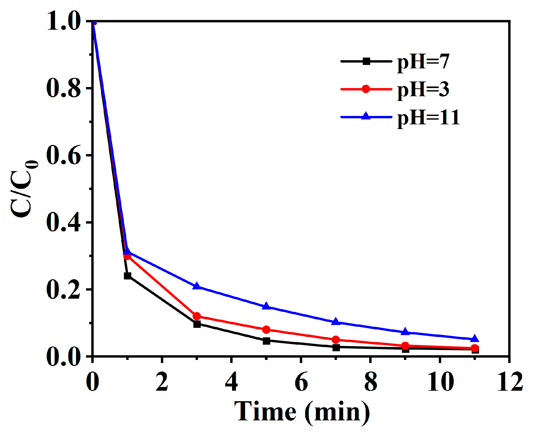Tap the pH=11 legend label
click(428, 117)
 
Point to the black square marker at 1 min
click(128, 276)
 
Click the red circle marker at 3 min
click(197, 316)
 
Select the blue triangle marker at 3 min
click(197, 286)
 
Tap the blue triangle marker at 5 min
click(266, 306)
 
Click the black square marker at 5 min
click(266, 341)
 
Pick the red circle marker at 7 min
click(336, 340)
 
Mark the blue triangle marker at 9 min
click(405, 332)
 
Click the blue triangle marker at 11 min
click(475, 339)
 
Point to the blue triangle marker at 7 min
click(336, 321)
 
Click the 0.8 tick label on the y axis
click(63, 88)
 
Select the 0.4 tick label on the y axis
click(63, 223)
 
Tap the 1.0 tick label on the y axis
click(63, 21)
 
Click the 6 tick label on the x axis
click(301, 382)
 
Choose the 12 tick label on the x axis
click(510, 382)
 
